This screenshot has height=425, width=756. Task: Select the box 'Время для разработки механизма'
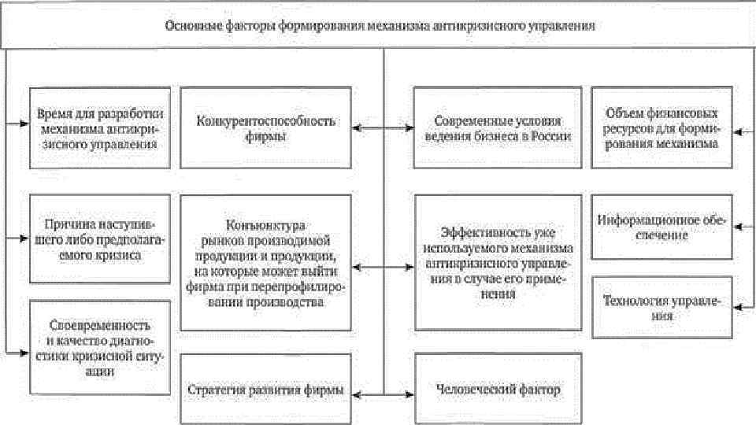point(100,128)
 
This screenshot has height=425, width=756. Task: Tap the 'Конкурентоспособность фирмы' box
point(265,128)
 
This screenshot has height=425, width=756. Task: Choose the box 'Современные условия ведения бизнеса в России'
point(498,128)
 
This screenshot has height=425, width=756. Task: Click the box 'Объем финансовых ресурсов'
point(661,128)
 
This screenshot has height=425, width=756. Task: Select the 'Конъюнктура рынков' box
point(265,264)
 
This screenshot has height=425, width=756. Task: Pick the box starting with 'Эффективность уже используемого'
point(498,264)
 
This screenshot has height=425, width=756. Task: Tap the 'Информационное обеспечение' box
point(661,227)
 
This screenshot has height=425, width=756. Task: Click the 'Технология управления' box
point(661,307)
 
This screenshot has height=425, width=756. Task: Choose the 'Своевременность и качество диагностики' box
point(100,346)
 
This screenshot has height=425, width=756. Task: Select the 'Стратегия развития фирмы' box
point(265,390)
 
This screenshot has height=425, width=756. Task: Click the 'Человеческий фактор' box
point(498,390)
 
